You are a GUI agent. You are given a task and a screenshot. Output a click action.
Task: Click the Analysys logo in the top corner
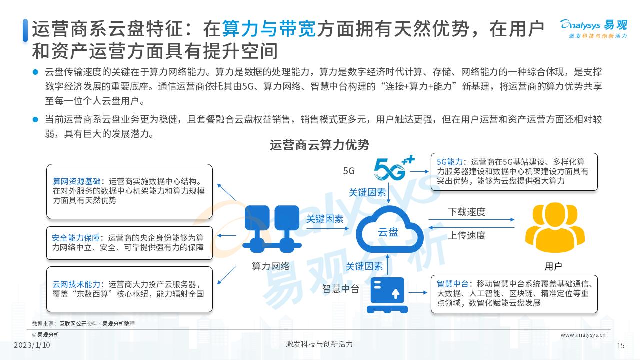coord(593,29)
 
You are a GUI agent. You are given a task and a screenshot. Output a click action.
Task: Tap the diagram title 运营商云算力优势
coord(319,145)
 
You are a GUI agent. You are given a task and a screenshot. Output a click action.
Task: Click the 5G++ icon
coord(394,168)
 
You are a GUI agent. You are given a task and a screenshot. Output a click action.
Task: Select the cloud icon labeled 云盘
coord(389,230)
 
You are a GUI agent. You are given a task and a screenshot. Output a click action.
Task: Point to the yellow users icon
coord(555,227)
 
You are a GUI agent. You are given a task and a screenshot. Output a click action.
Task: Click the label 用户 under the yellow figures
coord(553,266)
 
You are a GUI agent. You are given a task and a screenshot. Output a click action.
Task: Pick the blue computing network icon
coord(272,229)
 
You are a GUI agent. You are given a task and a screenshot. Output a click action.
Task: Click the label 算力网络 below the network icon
coord(271,266)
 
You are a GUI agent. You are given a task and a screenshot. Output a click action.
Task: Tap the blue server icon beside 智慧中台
coord(387,295)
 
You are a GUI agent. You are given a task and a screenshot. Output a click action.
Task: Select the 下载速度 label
coord(467,212)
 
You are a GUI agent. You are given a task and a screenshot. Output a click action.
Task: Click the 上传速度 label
coord(467,235)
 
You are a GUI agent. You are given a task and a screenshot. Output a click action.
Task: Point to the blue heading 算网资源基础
coord(77,181)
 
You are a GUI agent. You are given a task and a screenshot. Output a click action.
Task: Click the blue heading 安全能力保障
coord(76,238)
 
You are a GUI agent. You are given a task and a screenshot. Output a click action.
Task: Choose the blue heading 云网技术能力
coord(76,284)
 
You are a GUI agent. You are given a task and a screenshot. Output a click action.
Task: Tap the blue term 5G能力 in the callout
coord(450,162)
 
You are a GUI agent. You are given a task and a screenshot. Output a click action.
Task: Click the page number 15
coord(621,346)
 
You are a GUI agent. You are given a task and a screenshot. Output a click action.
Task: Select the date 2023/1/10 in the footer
coord(32,345)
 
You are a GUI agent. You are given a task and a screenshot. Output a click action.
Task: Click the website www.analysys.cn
coord(583,335)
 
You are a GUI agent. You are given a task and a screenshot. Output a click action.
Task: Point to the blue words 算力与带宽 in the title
coord(269,29)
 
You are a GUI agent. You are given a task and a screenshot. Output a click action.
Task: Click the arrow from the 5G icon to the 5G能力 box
coord(419,171)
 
